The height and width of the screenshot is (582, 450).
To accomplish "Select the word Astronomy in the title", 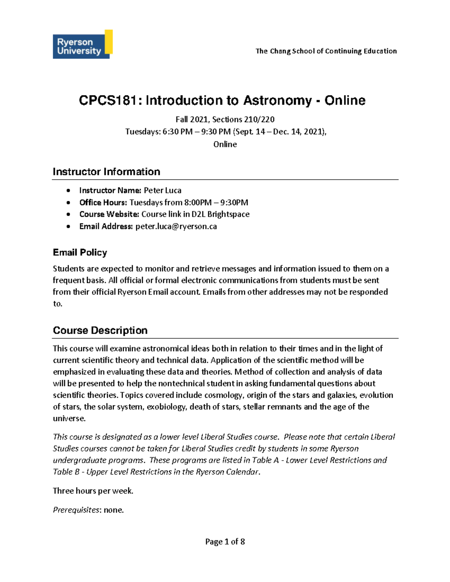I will click(x=277, y=100).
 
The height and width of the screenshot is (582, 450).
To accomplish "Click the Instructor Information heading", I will click(x=106, y=172).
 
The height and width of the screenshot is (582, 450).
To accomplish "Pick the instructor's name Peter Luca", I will click(x=163, y=190).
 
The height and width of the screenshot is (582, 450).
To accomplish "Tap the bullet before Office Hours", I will click(x=68, y=203).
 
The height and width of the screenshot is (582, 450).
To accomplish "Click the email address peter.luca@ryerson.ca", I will click(x=176, y=226).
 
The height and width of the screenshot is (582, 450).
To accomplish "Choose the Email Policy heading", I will click(x=80, y=252).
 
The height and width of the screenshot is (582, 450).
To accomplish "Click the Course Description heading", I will click(x=100, y=330).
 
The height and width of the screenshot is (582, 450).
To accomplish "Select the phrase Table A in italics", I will click(x=265, y=460).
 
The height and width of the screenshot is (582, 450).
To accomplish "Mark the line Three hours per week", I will click(x=93, y=491).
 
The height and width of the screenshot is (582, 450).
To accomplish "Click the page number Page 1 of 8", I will click(x=225, y=542).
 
